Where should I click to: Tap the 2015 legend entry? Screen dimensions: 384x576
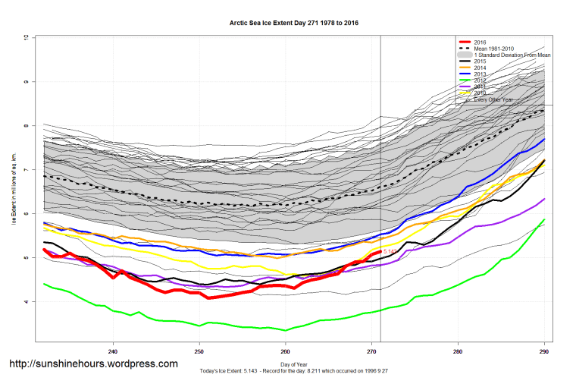(480, 62)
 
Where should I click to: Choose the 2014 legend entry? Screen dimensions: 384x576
(480, 68)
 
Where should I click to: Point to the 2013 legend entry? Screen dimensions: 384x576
(480, 74)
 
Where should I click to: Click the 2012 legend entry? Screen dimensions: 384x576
(480, 81)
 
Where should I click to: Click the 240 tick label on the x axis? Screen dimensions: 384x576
(113, 351)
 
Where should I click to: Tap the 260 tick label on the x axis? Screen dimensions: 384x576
(285, 351)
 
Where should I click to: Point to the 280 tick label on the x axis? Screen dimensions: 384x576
(458, 351)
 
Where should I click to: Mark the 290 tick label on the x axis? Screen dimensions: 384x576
(543, 351)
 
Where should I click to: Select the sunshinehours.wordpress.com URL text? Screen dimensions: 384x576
(93, 364)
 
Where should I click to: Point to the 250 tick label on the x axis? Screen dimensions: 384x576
(199, 351)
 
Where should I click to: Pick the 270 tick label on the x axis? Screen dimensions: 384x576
(371, 351)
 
